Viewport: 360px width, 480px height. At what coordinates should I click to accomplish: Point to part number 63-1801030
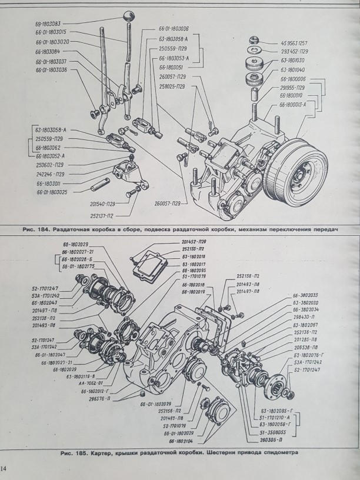coord(292,59)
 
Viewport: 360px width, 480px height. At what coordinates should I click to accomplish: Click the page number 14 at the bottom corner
coord(5,469)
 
